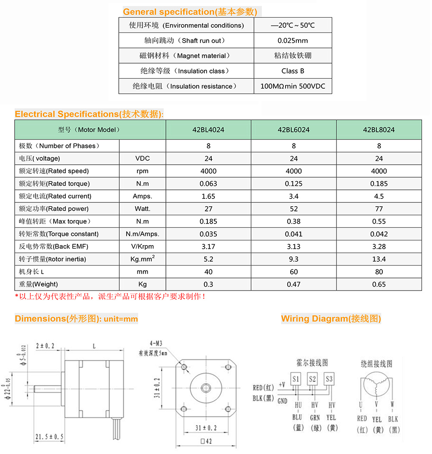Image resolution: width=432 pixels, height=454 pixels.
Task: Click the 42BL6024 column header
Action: click(294, 130)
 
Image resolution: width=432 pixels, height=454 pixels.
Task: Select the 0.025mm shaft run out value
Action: click(293, 41)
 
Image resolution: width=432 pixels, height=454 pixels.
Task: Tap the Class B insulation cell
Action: click(293, 71)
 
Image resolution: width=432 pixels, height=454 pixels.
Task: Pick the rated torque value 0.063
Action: click(208, 184)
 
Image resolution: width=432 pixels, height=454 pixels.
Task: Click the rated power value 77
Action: click(379, 209)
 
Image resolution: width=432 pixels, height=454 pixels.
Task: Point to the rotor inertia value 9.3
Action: click(294, 259)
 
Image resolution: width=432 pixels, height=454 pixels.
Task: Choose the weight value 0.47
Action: click(294, 285)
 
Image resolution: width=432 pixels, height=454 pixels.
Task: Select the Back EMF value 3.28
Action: click(379, 247)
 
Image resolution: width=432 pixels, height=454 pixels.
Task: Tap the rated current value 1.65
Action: click(208, 196)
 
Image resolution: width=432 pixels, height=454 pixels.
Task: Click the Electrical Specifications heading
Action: click(89, 114)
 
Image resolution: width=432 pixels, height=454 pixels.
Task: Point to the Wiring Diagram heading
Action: click(331, 319)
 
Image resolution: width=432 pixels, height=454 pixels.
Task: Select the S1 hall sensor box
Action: click(296, 379)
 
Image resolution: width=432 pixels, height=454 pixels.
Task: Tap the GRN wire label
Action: click(315, 418)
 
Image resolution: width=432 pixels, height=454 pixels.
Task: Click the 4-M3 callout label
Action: click(157, 344)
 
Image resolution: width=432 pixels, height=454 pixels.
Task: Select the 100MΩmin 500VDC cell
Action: click(293, 86)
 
